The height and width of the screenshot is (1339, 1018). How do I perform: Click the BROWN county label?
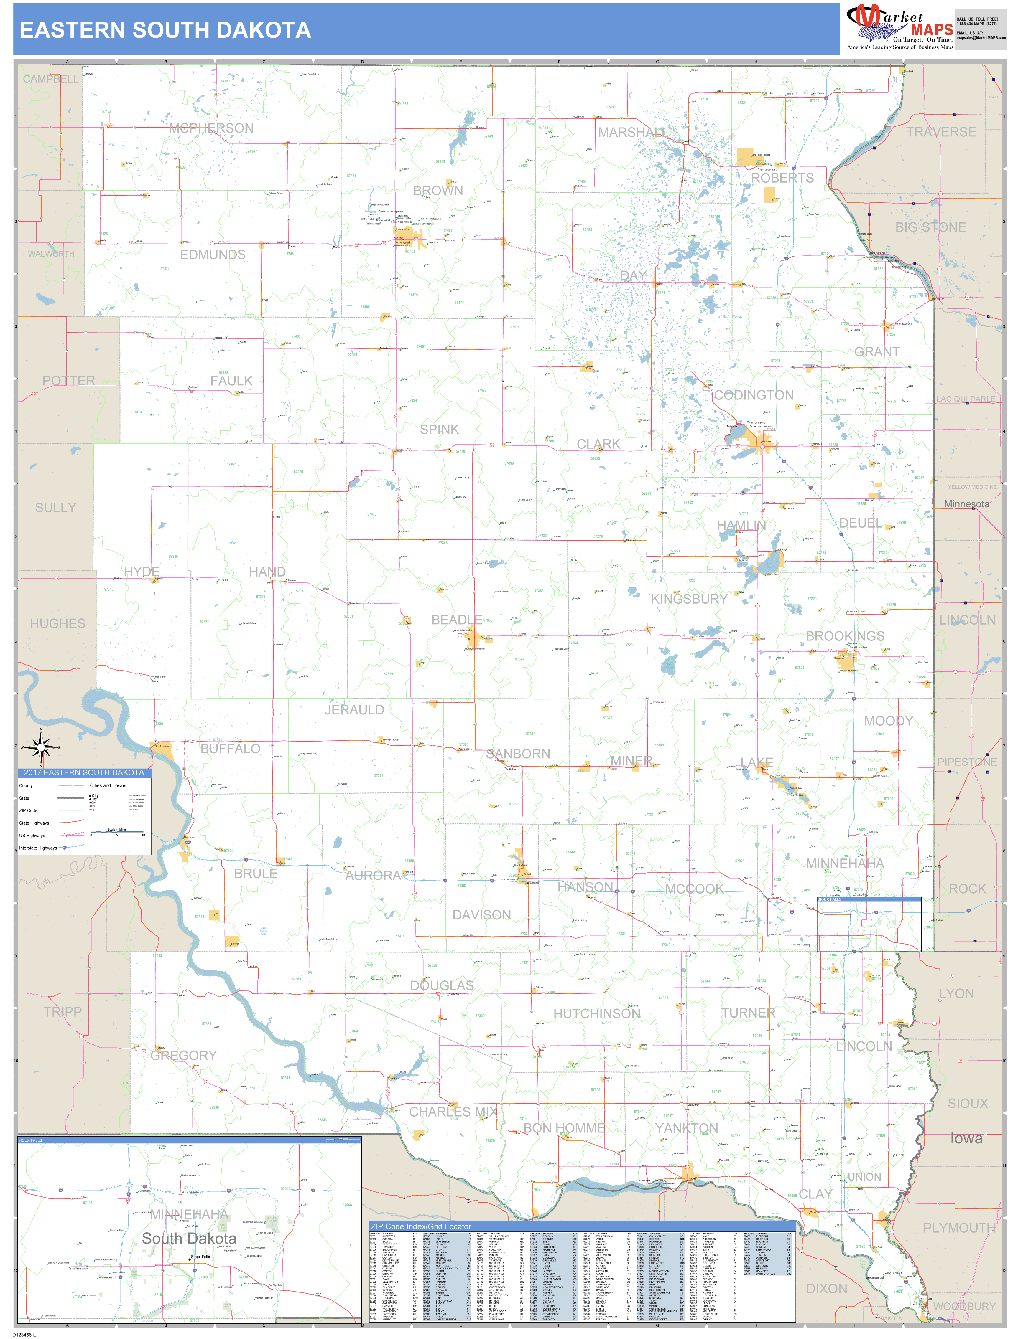coord(438,191)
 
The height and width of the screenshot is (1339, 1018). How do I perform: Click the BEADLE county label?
coord(457,620)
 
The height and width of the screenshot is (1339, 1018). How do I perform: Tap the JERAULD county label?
coord(354,710)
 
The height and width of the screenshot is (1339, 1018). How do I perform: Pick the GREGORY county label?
coord(184,1056)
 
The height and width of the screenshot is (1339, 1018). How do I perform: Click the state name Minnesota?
coord(966,504)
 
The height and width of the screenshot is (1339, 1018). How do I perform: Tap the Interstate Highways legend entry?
coord(37,848)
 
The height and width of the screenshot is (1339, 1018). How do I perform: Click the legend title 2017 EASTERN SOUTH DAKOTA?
coord(84,773)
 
